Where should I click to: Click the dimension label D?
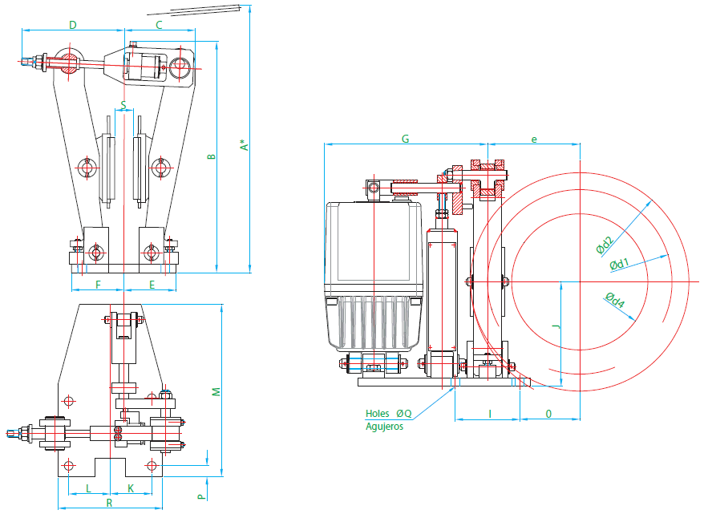coord(73,25)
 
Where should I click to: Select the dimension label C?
coord(159,25)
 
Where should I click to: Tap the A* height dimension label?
coord(245,144)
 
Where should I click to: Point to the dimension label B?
coord(212,156)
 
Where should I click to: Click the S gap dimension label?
coord(123,106)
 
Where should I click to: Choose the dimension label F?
coord(98,285)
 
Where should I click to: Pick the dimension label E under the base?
coord(152,285)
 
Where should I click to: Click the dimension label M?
coord(216,391)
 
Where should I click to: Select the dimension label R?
coord(109,503)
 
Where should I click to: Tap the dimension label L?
coord(88,488)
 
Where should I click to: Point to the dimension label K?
coord(131,488)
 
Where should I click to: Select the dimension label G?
coord(406,139)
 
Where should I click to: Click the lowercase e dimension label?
coord(534,140)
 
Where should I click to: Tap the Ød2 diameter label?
coord(605,245)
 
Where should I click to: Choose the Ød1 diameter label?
coord(619,264)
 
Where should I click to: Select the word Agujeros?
coord(384,427)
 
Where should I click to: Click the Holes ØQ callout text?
coord(388,413)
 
